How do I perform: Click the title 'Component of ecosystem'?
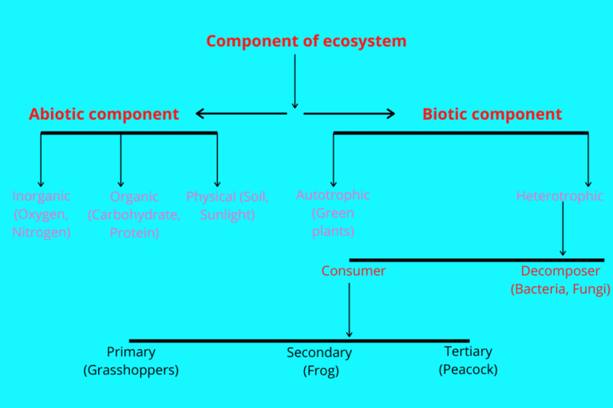coord(306,41)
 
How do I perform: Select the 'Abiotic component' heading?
coord(104,114)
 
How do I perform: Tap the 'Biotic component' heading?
coord(492,114)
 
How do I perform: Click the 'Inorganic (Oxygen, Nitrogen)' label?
coord(41,214)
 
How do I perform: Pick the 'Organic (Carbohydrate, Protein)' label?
coord(134,214)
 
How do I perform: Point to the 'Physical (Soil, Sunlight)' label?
coord(227,206)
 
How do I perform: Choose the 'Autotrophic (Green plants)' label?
coord(333,213)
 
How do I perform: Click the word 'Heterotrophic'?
coord(560,196)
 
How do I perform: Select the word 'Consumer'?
coord(353,271)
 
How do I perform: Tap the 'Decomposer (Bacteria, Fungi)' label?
coord(560,280)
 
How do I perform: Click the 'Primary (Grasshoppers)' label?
coord(131,360)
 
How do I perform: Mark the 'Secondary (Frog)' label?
coord(319,361)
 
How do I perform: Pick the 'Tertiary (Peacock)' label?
coord(468,360)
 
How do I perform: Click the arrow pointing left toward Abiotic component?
coord(240,114)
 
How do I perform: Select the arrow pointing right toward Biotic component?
coord(350,114)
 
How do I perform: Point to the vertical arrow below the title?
coord(295,80)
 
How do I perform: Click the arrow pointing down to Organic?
coord(121,159)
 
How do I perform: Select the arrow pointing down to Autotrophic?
coord(334,159)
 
